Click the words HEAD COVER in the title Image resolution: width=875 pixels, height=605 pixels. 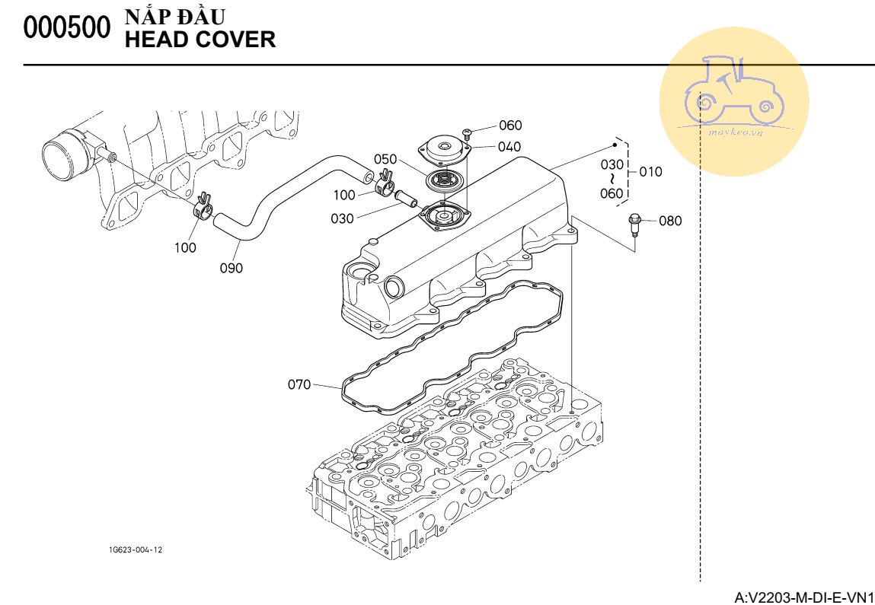[200, 40]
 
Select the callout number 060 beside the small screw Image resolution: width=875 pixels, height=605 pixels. [510, 126]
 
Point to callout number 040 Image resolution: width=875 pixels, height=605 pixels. [509, 147]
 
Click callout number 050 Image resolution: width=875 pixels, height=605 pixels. [385, 159]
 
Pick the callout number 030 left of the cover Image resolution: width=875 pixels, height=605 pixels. [343, 218]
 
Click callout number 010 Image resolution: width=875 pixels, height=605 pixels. [650, 172]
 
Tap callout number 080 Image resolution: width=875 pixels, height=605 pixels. [670, 221]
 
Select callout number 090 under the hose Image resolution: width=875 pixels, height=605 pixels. [232, 268]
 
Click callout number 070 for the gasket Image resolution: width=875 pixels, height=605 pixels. [299, 385]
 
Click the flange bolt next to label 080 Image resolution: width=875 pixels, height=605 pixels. [634, 224]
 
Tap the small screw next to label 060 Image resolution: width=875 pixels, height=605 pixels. [468, 134]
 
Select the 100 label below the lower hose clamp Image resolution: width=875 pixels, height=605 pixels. [185, 247]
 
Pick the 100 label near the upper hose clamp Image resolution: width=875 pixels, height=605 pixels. [345, 196]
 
